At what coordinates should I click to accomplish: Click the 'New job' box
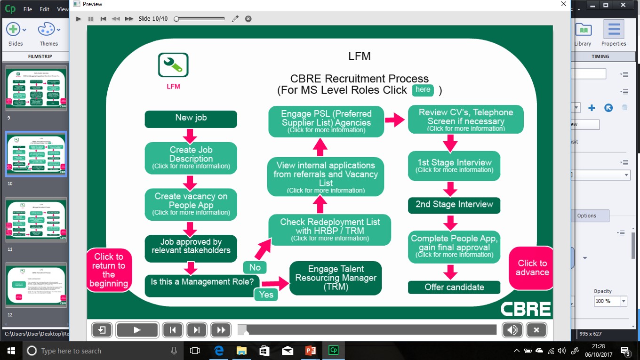point(191,119)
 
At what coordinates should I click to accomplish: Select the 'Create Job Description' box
point(191,158)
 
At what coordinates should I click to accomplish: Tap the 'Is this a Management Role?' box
point(202,282)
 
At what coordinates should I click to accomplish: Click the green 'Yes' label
point(266,294)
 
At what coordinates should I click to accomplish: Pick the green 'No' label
point(255,267)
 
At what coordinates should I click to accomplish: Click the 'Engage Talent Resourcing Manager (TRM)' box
point(336,278)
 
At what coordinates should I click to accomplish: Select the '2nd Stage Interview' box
point(454,205)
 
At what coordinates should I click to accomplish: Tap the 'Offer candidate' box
point(454,287)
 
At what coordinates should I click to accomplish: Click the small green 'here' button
point(423,90)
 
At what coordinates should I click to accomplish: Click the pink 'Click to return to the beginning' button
point(109,270)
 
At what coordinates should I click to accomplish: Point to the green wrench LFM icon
point(173,65)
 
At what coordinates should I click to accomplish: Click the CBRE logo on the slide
point(525,309)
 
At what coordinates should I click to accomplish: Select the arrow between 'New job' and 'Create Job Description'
point(190,136)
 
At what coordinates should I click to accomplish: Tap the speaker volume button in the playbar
point(512,330)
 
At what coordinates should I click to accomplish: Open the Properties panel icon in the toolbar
point(614,33)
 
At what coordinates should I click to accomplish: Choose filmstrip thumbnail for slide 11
point(36,220)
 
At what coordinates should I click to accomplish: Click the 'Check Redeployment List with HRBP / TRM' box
point(330,229)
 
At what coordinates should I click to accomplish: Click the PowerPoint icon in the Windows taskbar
point(310,351)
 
